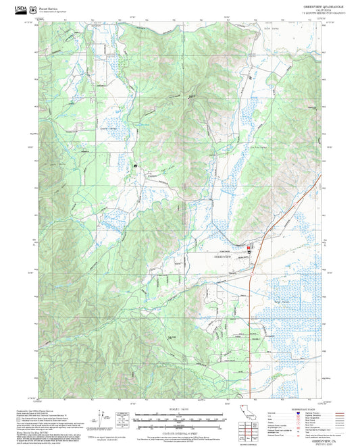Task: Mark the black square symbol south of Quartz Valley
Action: click(136, 163)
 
